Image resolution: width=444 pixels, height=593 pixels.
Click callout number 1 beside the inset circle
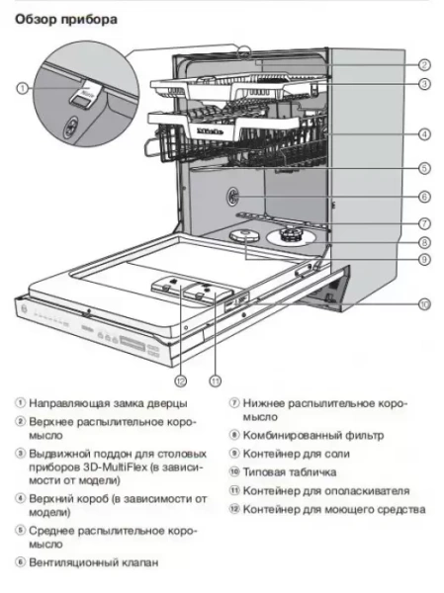tap(22, 89)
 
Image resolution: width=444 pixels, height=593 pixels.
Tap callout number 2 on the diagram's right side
tap(422, 64)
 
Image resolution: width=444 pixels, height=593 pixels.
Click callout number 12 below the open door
tap(180, 380)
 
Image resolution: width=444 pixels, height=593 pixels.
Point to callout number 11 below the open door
tap(215, 380)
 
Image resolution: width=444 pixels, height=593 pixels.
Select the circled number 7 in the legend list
tap(234, 403)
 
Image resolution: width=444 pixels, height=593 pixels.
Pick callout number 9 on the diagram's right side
tap(422, 259)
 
